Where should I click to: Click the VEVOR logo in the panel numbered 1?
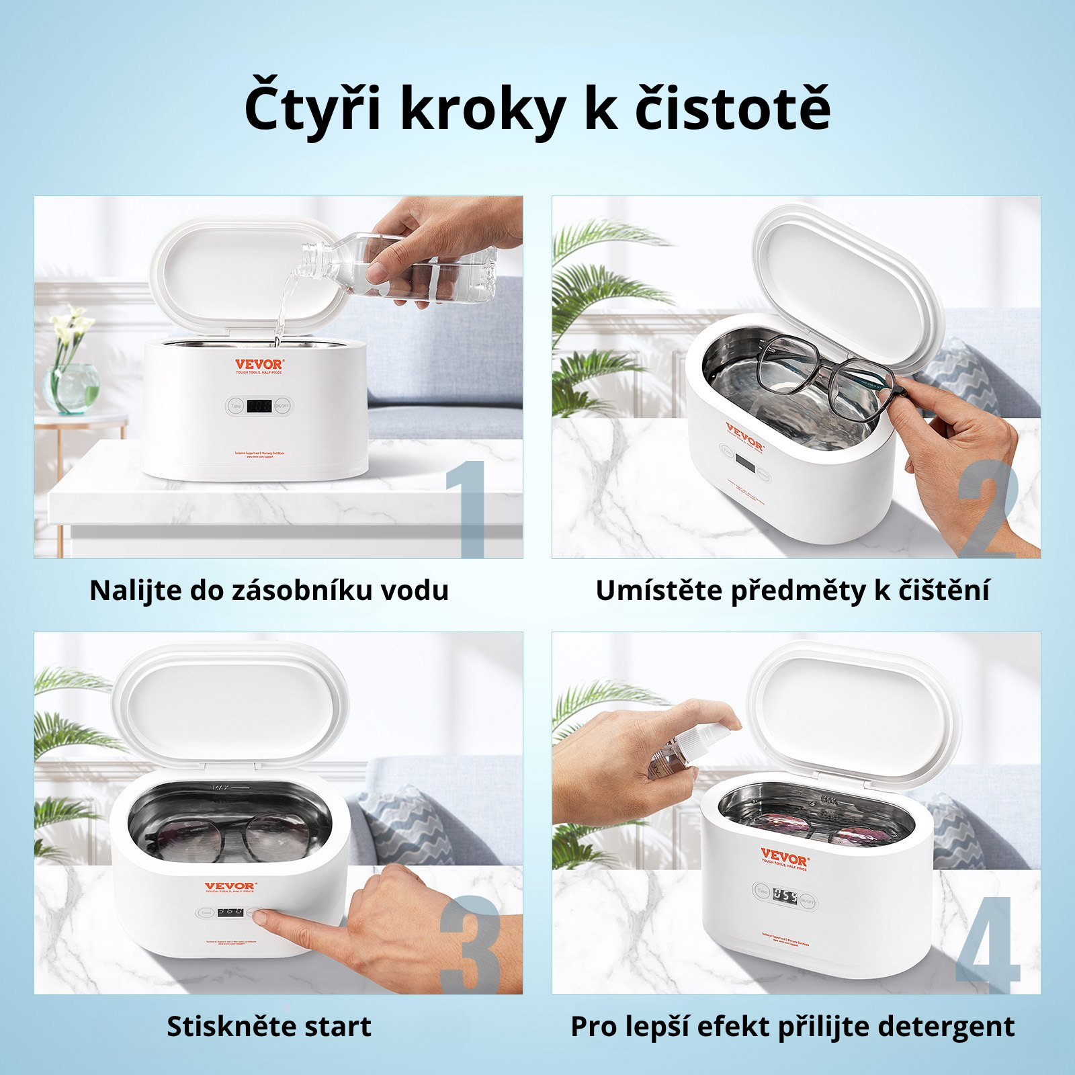(259, 365)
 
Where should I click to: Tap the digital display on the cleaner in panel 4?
(784, 896)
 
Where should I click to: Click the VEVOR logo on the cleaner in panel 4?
(784, 859)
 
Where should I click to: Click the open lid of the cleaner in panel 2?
(848, 289)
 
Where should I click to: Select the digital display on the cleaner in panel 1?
(259, 406)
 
